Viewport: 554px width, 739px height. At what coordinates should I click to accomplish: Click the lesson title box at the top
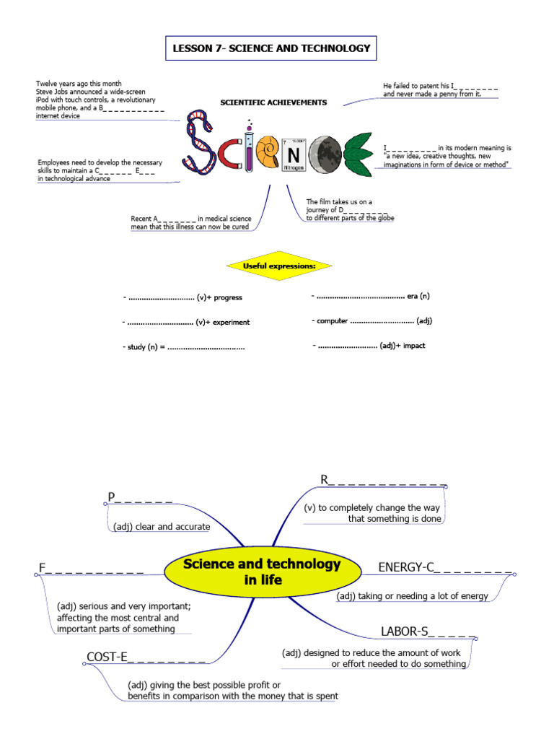[271, 48]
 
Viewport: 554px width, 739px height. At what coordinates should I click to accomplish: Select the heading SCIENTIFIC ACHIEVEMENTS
[273, 102]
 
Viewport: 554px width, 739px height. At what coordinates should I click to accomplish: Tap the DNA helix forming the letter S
[198, 141]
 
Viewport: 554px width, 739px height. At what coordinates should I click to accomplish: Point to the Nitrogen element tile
[294, 154]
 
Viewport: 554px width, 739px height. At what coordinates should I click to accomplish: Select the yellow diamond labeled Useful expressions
[279, 266]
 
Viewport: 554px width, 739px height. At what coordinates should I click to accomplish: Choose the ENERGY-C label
[407, 567]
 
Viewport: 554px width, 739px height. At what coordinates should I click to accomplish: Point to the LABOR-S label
[405, 632]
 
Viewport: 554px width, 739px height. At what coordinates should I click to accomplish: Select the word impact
[414, 346]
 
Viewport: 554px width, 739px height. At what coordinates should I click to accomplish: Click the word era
[413, 296]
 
